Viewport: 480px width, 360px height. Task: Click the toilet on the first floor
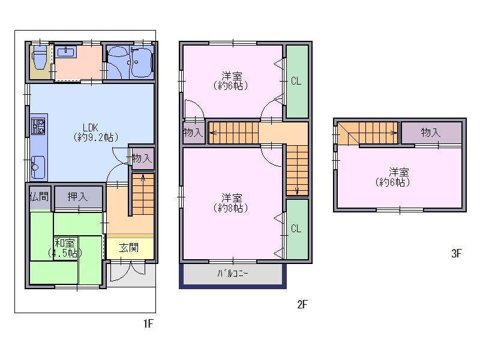point(40,58)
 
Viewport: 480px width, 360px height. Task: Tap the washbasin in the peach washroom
point(67,52)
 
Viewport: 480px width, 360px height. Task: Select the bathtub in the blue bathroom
point(142,62)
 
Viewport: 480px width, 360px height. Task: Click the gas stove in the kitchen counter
point(38,127)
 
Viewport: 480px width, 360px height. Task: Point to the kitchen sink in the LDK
point(38,167)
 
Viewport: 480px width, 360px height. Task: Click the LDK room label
point(95,132)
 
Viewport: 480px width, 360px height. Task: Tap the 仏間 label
point(39,197)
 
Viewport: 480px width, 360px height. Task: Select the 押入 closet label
point(77,197)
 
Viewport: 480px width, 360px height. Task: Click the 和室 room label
point(65,248)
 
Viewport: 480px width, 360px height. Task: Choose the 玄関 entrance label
point(129,247)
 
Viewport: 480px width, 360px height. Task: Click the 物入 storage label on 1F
point(142,158)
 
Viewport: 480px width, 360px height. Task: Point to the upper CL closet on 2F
point(296,81)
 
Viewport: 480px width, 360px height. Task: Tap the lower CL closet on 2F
point(296,229)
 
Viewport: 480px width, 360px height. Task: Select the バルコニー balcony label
point(233,274)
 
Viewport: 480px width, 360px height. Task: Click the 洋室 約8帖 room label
point(231,203)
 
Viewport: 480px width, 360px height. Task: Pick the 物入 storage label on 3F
point(431,133)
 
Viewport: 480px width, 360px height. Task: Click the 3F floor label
point(456,253)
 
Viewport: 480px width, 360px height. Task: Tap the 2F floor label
point(302,304)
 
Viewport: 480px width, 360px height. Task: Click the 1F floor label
point(148,323)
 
